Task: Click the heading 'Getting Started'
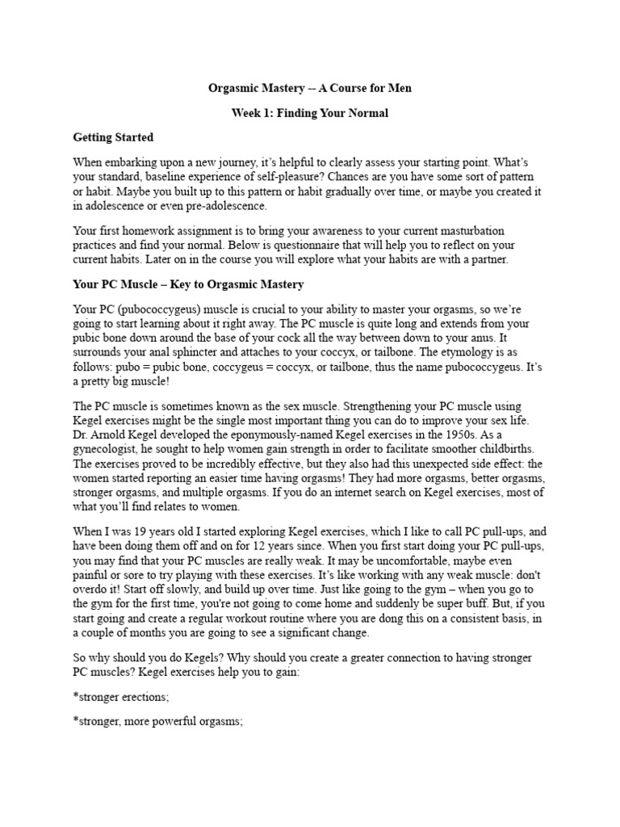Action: click(113, 137)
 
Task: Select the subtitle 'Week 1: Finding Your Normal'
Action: click(310, 113)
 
